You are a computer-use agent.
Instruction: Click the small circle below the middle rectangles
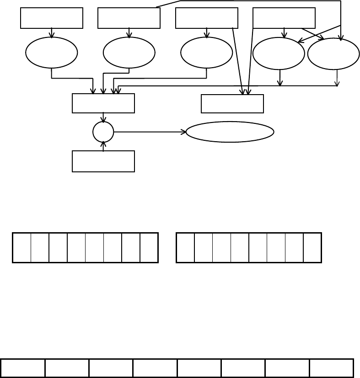tap(103, 132)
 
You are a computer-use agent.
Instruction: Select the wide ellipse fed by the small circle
tap(230, 132)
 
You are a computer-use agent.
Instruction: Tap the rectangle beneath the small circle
tap(103, 161)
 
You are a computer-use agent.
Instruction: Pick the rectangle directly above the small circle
tap(103, 103)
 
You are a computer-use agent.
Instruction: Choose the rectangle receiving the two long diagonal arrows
tap(232, 104)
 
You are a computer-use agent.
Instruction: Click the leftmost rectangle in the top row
tap(52, 18)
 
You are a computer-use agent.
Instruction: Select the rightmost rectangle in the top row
tap(284, 18)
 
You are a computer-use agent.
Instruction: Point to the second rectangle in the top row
tap(129, 18)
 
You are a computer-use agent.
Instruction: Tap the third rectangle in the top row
tap(207, 18)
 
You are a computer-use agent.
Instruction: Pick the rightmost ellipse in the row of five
tap(333, 54)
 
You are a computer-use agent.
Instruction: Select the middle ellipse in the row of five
tap(206, 53)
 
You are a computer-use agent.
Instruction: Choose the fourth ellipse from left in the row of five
tap(279, 53)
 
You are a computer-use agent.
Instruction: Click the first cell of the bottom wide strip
tap(23, 368)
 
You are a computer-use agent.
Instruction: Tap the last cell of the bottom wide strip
tap(331, 368)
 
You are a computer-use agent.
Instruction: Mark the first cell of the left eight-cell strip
tap(22, 248)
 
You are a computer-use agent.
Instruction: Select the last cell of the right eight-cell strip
tap(312, 248)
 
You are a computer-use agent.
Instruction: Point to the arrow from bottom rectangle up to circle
tap(103, 147)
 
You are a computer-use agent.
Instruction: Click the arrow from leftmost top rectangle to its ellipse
tap(52, 33)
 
